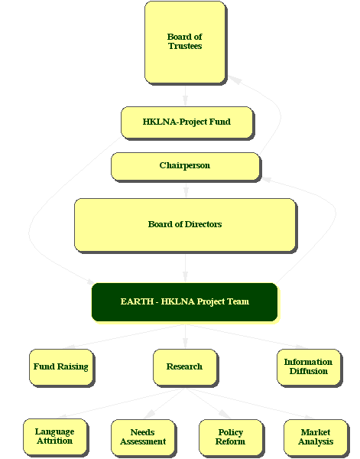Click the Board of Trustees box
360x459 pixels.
click(x=185, y=42)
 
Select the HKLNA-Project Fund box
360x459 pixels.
click(x=186, y=122)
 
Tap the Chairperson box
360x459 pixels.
click(x=185, y=166)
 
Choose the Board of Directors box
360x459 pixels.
click(x=185, y=225)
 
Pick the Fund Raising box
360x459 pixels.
click(x=61, y=367)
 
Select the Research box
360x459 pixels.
click(x=185, y=367)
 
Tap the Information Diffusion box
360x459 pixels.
click(x=309, y=367)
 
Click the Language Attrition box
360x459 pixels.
click(x=55, y=437)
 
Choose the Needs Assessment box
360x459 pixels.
click(x=143, y=438)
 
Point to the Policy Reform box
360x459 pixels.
click(x=231, y=438)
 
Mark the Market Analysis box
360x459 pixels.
click(x=316, y=438)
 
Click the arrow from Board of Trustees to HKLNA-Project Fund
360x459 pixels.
click(x=185, y=96)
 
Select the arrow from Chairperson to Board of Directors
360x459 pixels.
click(x=186, y=190)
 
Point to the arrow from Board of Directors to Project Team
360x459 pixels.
click(x=185, y=269)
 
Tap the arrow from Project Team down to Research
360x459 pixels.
click(x=185, y=336)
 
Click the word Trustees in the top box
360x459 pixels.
click(x=185, y=46)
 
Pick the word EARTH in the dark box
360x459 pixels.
click(x=137, y=301)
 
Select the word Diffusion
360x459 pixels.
click(x=309, y=371)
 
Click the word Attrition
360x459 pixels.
click(x=55, y=441)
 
